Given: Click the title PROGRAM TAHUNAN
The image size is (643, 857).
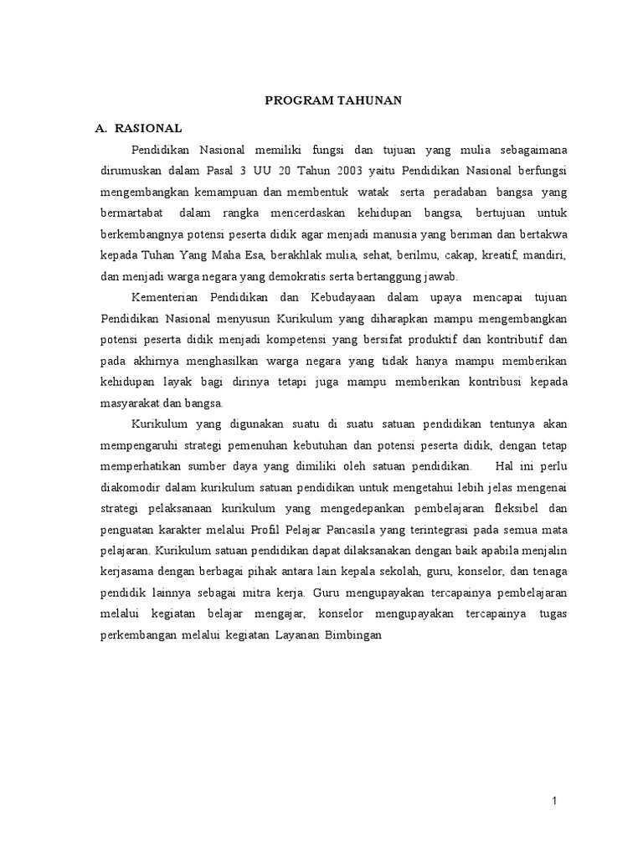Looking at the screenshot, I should pos(333,100).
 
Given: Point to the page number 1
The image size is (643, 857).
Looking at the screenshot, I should pos(553,802).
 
